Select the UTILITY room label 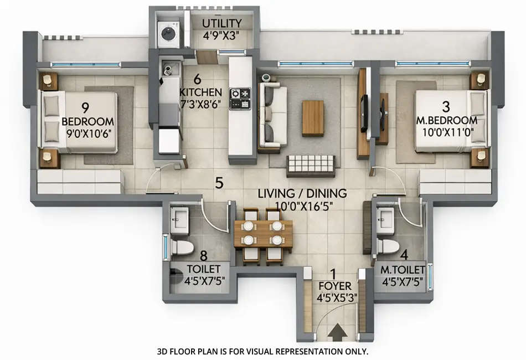221,23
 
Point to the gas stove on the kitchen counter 240,98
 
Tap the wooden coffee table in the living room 313,118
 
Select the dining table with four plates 262,234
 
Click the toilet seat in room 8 182,246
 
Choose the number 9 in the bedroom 85,107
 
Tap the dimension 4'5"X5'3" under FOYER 336,298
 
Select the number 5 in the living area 219,183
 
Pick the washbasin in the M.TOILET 385,218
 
